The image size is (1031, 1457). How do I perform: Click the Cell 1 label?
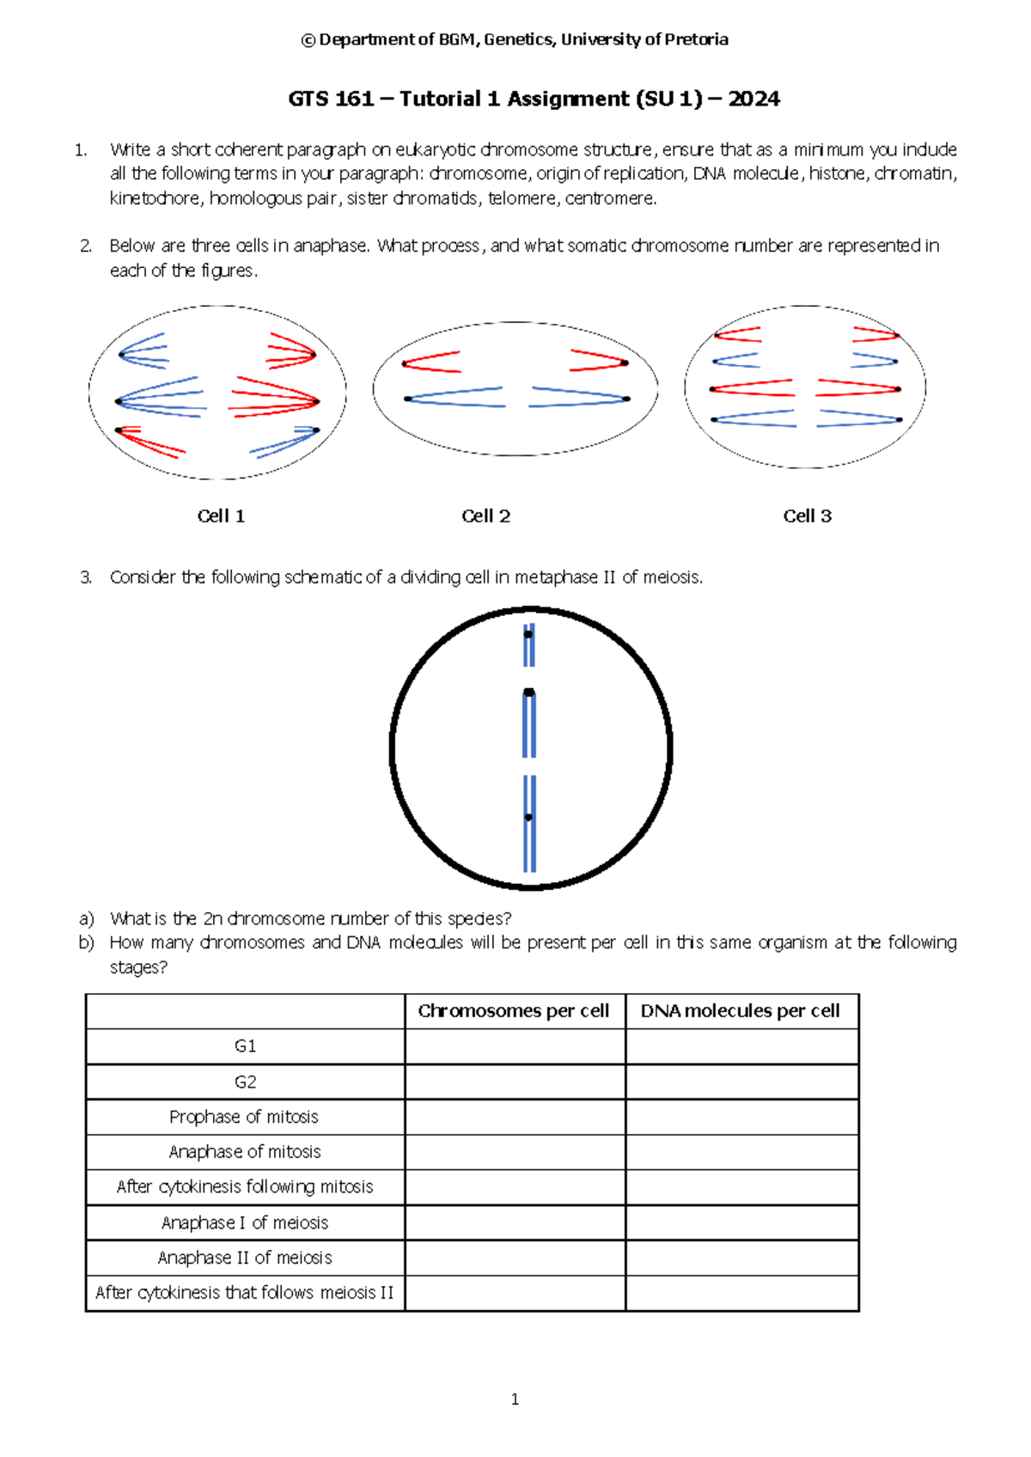pos(221,516)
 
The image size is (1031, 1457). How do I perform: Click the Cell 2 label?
pos(485,516)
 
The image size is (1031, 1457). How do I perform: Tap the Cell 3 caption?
pos(807,516)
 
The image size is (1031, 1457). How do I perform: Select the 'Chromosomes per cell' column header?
pos(514,1011)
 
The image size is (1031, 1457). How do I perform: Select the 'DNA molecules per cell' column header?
pos(740,1011)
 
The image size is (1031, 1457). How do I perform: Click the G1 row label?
pos(245,1046)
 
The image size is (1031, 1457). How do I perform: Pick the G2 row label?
pos(245,1082)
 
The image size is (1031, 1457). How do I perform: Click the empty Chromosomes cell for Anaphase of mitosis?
pos(515,1152)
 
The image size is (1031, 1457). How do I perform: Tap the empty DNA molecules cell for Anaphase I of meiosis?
pos(741,1222)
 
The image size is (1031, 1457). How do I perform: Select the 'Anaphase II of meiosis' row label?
pos(245,1258)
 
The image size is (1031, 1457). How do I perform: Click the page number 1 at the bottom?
pos(515,1399)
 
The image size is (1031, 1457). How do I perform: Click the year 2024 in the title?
pos(754,100)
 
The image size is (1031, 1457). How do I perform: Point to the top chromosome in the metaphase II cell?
pos(529,644)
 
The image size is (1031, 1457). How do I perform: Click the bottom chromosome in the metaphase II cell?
pos(529,823)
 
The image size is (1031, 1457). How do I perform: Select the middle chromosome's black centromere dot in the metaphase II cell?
pos(529,692)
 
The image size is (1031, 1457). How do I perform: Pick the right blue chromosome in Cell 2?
pos(580,398)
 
